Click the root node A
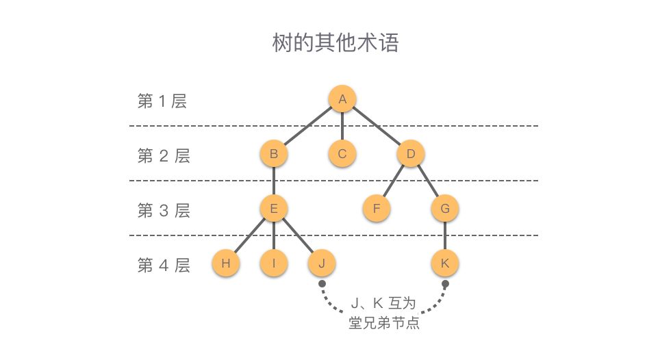click(342, 99)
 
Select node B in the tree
click(274, 154)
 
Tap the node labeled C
click(342, 154)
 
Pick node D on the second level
click(411, 154)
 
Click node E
click(274, 209)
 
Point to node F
click(377, 209)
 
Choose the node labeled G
click(445, 209)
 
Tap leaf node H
click(226, 263)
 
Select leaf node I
click(274, 263)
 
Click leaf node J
click(322, 263)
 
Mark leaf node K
click(445, 263)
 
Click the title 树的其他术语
click(335, 43)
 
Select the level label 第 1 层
click(162, 101)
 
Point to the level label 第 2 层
click(164, 156)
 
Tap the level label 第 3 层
click(164, 211)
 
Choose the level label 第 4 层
click(164, 266)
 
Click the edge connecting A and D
click(377, 127)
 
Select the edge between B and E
click(274, 181)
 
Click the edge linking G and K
click(445, 236)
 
